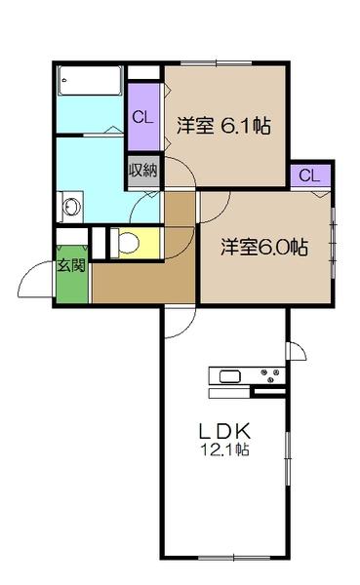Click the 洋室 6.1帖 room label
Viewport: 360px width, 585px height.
tap(223, 126)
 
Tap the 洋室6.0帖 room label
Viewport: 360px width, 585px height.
tap(264, 247)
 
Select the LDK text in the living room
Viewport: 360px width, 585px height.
tap(227, 429)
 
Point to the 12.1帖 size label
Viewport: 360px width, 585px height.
tap(227, 450)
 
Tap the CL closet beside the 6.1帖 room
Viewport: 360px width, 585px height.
tap(142, 118)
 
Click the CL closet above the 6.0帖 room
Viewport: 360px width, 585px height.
tap(309, 175)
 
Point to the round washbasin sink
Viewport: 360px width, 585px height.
tap(69, 206)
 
